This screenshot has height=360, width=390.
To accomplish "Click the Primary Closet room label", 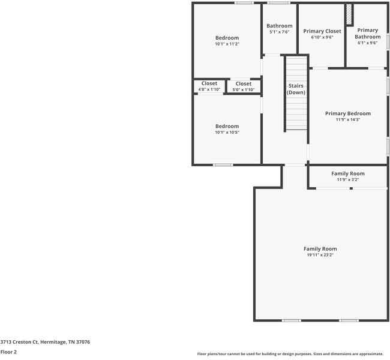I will pyautogui.click(x=322, y=31).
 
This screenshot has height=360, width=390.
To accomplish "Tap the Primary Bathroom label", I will pyautogui.click(x=367, y=34).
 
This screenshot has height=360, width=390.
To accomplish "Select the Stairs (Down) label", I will pyautogui.click(x=296, y=89).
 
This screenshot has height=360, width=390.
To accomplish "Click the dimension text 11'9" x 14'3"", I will pyautogui.click(x=347, y=119).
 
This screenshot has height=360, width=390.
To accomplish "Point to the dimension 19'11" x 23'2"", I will pyautogui.click(x=320, y=255).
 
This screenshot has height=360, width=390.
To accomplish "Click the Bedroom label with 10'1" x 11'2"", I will pyautogui.click(x=227, y=38).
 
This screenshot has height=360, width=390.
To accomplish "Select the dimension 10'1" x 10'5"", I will pyautogui.click(x=227, y=132).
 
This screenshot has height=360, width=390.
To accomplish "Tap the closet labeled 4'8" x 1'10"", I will pyautogui.click(x=209, y=86).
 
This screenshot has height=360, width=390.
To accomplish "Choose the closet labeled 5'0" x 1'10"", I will pyautogui.click(x=243, y=86).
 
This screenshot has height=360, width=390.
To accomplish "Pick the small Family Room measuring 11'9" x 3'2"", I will pyautogui.click(x=347, y=176).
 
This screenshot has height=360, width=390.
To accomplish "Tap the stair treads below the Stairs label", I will pyautogui.click(x=296, y=114).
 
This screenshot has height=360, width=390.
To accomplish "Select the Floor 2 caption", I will pyautogui.click(x=8, y=352).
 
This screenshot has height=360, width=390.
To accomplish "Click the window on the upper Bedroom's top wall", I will pyautogui.click(x=243, y=3).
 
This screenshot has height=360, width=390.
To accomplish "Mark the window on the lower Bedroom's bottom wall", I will pyautogui.click(x=223, y=164).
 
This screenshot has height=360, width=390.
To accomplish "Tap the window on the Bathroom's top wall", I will pyautogui.click(x=278, y=3).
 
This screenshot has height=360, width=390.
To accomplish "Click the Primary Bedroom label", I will pyautogui.click(x=347, y=113).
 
